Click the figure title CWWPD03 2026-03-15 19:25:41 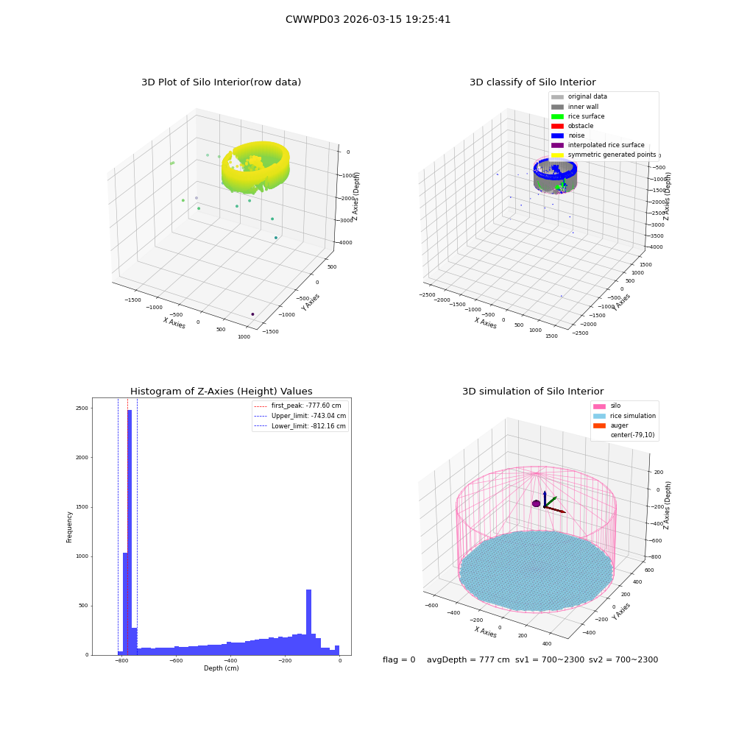(368, 19)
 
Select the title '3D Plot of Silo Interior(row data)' (221, 82)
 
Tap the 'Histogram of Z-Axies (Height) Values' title (221, 391)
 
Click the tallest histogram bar (130, 532)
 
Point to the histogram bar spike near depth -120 (309, 622)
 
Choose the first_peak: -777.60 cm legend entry (297, 406)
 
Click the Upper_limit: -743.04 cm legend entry (300, 416)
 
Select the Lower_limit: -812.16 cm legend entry (300, 426)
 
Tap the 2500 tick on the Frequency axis (82, 408)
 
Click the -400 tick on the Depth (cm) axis (230, 660)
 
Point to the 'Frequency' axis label (69, 527)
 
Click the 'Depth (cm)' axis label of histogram (222, 668)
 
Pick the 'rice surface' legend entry (578, 116)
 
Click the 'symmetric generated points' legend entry (604, 155)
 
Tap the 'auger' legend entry (611, 425)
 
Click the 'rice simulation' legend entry (624, 416)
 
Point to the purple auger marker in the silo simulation (537, 503)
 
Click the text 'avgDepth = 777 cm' (468, 659)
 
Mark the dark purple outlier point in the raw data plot (252, 314)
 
